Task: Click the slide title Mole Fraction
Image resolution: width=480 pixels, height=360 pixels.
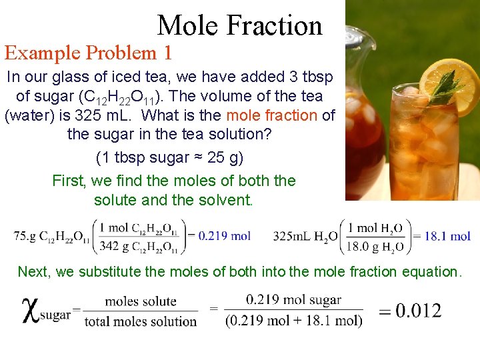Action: click(x=239, y=25)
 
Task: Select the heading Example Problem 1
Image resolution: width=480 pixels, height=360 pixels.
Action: click(x=89, y=52)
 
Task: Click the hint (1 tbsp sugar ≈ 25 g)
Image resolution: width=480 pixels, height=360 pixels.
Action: click(x=170, y=158)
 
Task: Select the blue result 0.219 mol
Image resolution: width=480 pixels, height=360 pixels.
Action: click(x=225, y=235)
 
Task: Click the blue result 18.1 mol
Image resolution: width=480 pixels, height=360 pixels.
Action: click(x=443, y=235)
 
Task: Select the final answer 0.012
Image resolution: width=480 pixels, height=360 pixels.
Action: click(x=409, y=311)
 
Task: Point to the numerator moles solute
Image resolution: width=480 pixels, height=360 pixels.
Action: click(x=141, y=301)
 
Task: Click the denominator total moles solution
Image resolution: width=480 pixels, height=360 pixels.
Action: click(x=141, y=321)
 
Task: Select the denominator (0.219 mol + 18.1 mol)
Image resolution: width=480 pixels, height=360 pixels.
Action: click(x=294, y=321)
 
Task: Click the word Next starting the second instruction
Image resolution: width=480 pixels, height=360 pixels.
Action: click(x=33, y=271)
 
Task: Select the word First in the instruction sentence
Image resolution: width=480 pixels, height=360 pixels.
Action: click(x=69, y=181)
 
